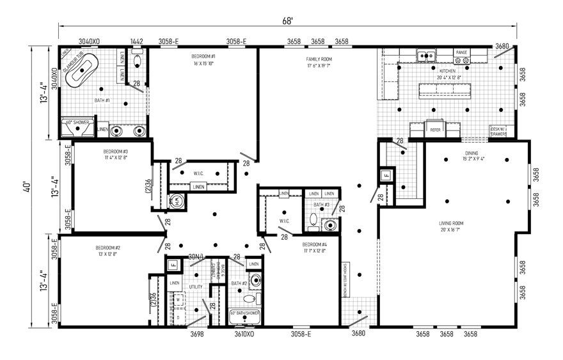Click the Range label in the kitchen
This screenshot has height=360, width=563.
[461, 52]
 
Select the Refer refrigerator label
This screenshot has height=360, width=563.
[435, 129]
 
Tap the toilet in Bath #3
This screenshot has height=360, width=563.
[313, 221]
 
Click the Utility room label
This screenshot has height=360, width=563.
[196, 287]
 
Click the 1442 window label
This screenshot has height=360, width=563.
[137, 42]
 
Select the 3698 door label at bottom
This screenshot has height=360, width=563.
[198, 334]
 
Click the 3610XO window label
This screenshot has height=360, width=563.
[244, 334]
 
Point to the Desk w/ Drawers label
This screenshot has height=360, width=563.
[498, 130]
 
